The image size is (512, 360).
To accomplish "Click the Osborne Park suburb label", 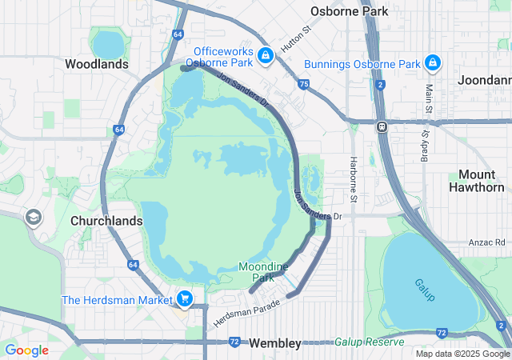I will [x=350, y=11].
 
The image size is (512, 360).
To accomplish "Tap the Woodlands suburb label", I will [x=96, y=64].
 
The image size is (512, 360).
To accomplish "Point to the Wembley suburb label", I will [x=274, y=343].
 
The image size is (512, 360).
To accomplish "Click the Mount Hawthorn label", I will [x=482, y=181].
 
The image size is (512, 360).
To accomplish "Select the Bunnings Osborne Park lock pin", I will [x=432, y=62].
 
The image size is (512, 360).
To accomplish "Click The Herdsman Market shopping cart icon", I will [x=185, y=299].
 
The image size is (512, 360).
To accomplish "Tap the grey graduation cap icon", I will [x=34, y=218].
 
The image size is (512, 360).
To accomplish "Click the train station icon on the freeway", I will [x=382, y=126].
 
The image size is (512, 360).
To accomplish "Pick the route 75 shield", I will [x=303, y=84].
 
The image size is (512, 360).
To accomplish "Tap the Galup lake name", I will [x=424, y=290].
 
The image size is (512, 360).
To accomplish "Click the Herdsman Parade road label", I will [x=248, y=313].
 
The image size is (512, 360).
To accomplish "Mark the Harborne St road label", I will [x=353, y=179].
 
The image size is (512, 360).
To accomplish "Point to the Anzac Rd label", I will [x=490, y=242].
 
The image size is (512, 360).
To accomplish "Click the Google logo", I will [x=26, y=350].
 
